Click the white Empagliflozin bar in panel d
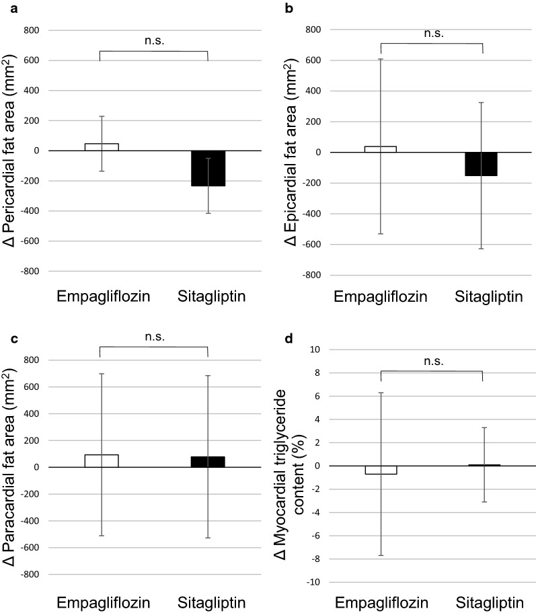coord(380,470)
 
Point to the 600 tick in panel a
coord(32,60)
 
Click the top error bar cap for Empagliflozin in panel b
coord(381,59)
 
